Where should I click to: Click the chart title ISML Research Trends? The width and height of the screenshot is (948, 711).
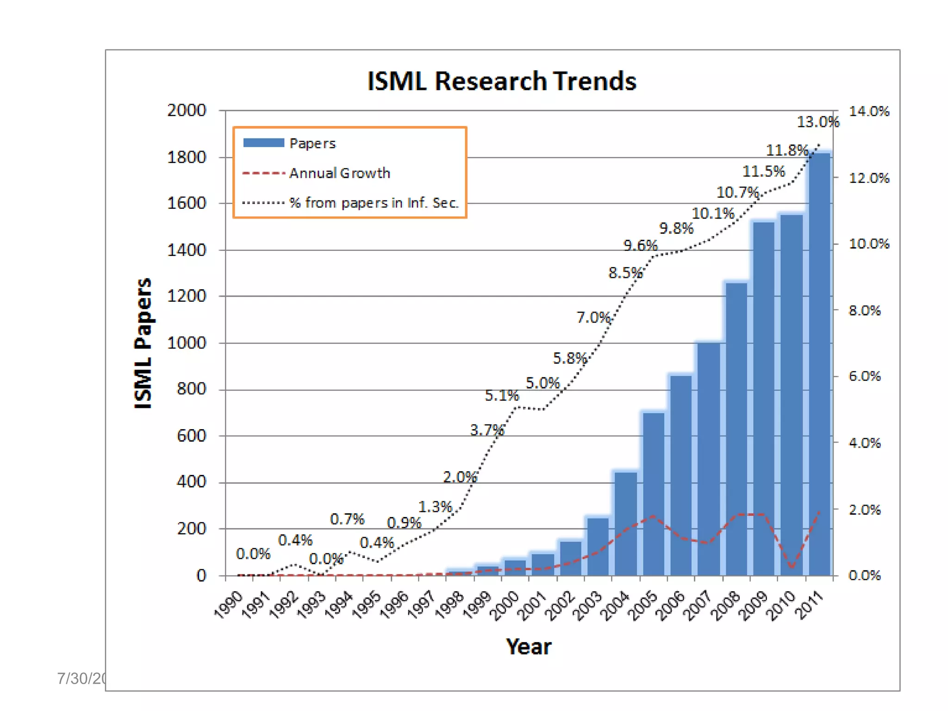point(501,81)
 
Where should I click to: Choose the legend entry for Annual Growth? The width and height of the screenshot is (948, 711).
point(339,173)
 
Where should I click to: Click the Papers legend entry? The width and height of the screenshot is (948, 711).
point(312,143)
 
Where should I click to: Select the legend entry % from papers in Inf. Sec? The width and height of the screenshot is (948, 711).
point(374,203)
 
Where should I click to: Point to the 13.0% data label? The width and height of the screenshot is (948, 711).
point(817,122)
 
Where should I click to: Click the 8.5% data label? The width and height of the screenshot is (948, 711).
point(625,273)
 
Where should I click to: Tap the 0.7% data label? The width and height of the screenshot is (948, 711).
point(347,519)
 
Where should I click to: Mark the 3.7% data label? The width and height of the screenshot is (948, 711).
point(486,430)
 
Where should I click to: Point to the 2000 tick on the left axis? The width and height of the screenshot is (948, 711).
point(187,110)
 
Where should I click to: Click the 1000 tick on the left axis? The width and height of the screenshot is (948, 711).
point(187,343)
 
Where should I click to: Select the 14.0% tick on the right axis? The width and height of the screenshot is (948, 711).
point(869,111)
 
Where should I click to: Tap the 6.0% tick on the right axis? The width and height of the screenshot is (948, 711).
point(864,376)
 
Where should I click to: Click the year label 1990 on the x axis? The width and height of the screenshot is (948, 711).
point(229,604)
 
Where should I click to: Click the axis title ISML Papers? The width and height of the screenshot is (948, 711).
point(143,343)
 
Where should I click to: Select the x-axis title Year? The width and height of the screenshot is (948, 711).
point(528,647)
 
